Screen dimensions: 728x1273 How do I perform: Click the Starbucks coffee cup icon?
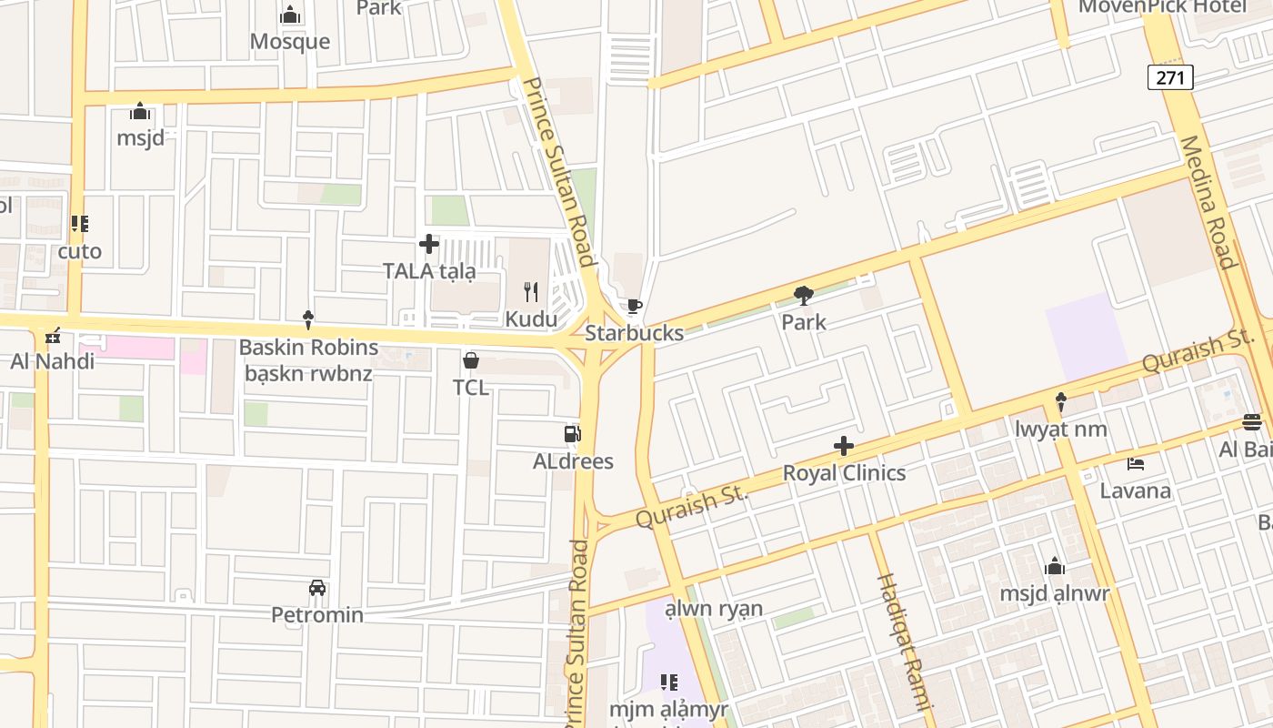coord(634,306)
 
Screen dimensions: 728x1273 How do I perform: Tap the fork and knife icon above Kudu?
coord(531,291)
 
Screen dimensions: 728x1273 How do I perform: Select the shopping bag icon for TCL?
coord(471,360)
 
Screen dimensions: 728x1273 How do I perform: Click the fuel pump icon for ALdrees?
coord(572,433)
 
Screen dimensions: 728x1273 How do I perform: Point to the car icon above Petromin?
coord(317,588)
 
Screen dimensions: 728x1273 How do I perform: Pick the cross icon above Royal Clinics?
coord(844,446)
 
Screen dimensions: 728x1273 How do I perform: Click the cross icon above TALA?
coord(429,244)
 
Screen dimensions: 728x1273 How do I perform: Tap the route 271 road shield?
coord(1170,77)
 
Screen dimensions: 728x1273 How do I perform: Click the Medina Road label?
coord(1208,202)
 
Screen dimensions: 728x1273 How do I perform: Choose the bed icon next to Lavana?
coord(1136,463)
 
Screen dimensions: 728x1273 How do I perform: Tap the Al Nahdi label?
coord(53,361)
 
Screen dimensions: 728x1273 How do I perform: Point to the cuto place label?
coord(80,251)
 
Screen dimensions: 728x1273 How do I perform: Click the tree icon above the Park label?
coord(803,295)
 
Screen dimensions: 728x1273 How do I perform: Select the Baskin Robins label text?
coord(308,347)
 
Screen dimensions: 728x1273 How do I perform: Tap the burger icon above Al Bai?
coord(1252,421)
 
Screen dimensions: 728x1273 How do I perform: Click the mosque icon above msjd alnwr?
coord(1055,566)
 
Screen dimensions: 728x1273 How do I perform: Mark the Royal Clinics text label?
coord(845,473)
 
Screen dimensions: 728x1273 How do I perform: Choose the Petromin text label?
coord(317,615)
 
